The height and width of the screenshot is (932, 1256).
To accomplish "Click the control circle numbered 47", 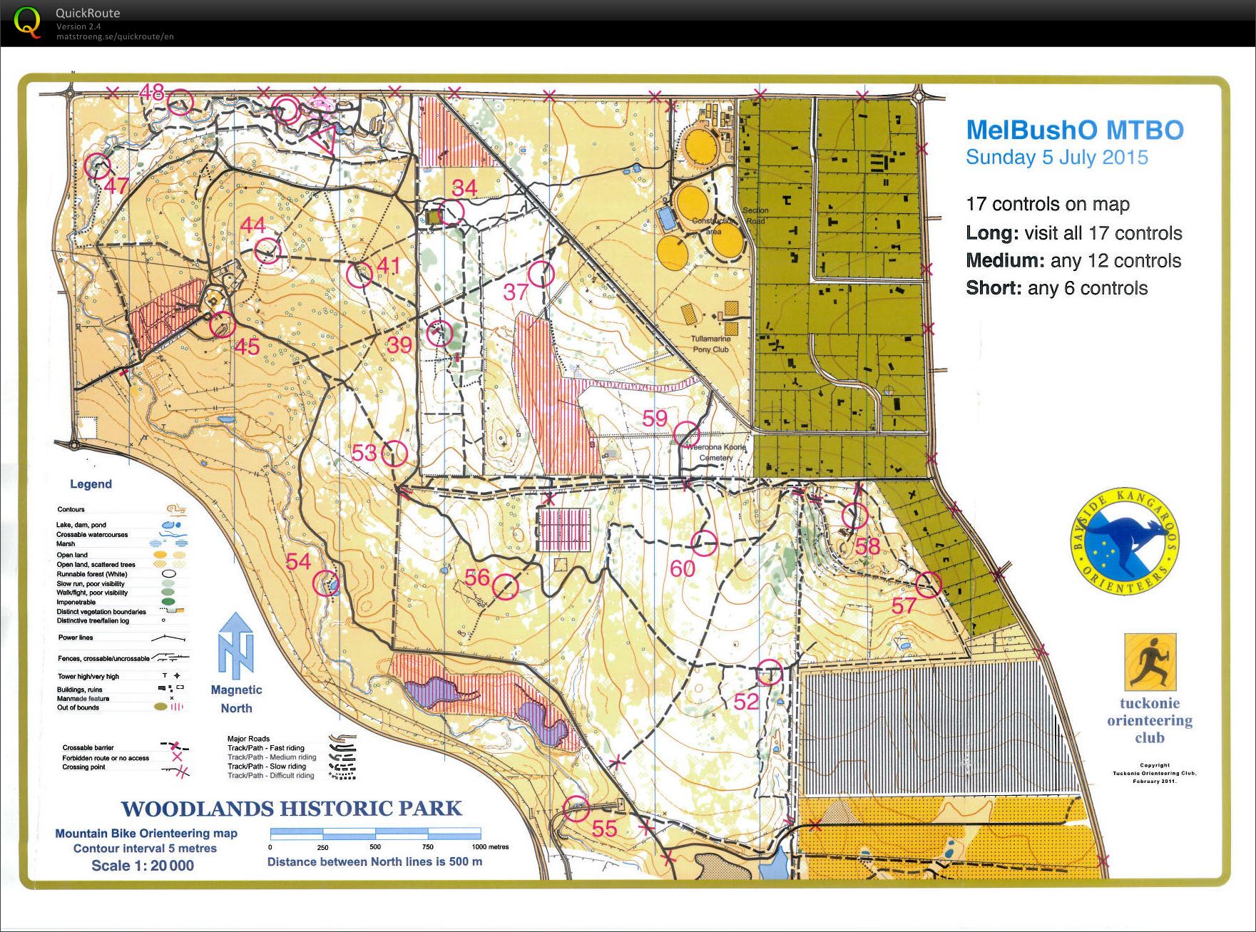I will point(98,166).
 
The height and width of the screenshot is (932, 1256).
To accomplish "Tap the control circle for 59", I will point(687,434).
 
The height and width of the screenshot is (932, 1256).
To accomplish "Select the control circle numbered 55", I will point(576,809).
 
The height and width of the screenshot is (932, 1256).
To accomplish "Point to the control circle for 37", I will point(541,274).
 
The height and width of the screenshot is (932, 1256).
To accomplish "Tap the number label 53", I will point(364,453).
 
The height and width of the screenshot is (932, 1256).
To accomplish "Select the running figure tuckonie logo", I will point(1150,662).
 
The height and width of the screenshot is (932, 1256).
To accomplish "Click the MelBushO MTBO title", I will point(1074,130).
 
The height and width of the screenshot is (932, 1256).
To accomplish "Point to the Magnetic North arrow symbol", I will point(236,646).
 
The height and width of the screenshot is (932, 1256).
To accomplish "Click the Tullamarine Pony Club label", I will point(710,344).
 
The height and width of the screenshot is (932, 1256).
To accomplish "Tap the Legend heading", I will point(91,484).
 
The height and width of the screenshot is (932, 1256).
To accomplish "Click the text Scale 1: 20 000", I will point(143,866).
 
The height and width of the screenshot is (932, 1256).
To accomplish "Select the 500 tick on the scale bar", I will point(375,846).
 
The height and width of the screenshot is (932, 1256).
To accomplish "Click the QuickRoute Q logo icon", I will point(27,21).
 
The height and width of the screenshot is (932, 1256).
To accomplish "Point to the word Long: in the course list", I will point(991,233).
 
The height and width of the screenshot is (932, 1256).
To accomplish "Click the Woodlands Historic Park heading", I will point(291,809).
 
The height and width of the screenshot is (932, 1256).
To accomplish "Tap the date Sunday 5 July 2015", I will point(1056,158).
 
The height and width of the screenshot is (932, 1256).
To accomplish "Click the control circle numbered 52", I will point(769,672).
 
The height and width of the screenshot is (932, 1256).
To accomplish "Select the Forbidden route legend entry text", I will point(106,758).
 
